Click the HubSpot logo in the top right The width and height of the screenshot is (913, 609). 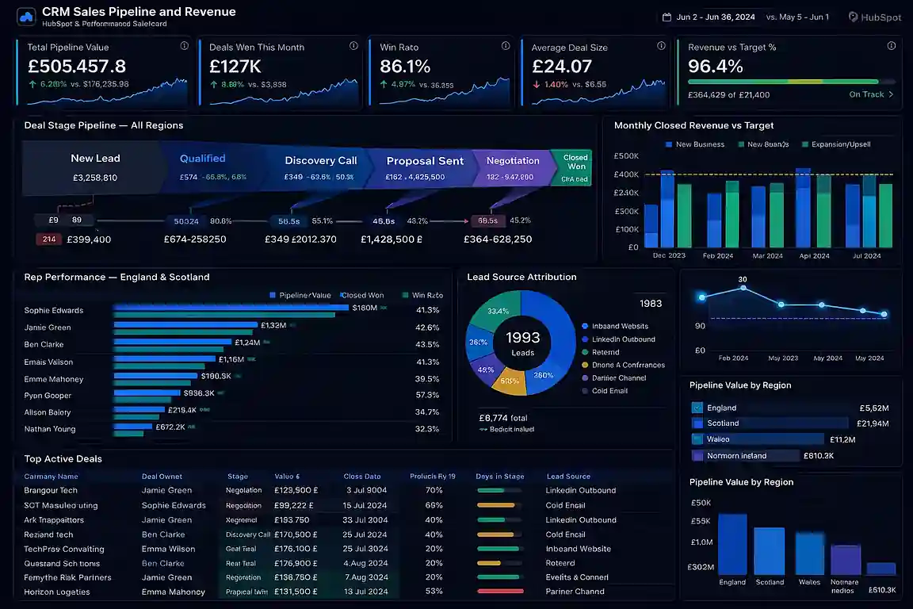[875, 17]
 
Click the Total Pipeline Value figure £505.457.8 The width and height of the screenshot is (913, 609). [76, 67]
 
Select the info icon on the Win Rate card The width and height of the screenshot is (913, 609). [506, 46]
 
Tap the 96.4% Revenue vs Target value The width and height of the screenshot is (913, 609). [715, 66]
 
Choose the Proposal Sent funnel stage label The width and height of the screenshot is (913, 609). [425, 161]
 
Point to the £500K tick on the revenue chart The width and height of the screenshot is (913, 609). [626, 156]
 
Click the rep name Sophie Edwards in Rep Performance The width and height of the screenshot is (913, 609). [54, 311]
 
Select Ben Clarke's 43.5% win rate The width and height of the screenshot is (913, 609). [427, 345]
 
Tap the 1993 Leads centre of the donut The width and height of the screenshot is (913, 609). [522, 343]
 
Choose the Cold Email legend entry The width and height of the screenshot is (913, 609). [609, 391]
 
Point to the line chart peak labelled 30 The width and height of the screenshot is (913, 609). [743, 288]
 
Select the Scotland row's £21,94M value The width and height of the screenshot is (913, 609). [872, 423]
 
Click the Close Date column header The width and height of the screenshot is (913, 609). [362, 477]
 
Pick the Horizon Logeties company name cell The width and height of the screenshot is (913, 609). [57, 592]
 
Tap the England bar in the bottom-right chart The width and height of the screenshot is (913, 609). [732, 544]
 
